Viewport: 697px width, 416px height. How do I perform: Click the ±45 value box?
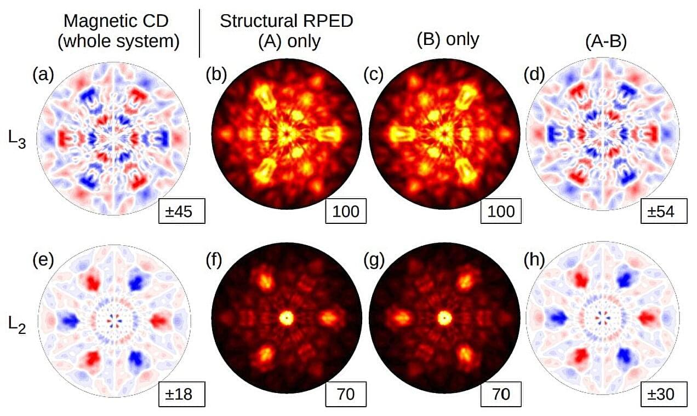tap(182, 212)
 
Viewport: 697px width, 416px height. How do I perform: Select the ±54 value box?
tap(663, 212)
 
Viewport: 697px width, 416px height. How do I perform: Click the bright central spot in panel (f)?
tap(286, 317)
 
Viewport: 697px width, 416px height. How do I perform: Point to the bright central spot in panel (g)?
tap(443, 317)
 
